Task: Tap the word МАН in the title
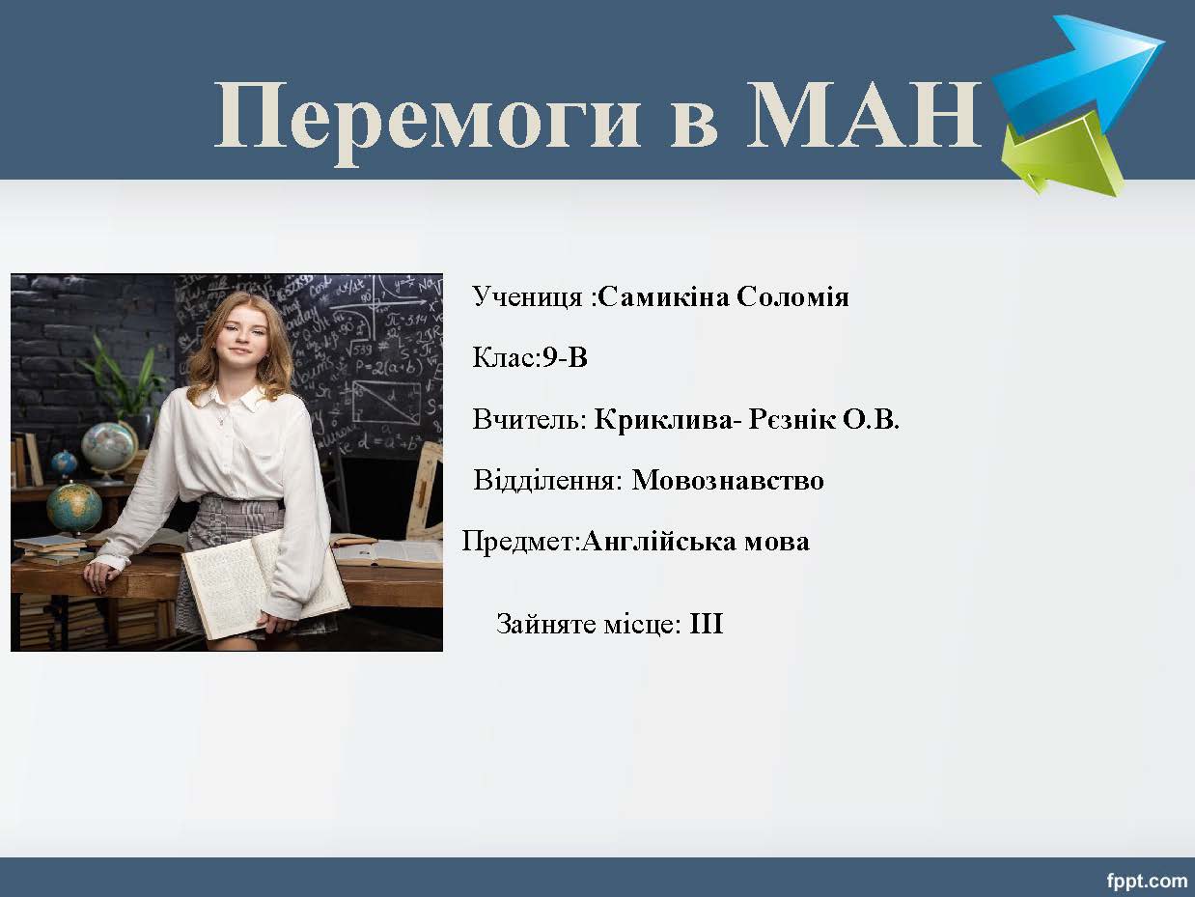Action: [864, 115]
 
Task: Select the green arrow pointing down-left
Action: [1062, 155]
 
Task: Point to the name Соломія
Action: [792, 297]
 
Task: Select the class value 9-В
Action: [565, 358]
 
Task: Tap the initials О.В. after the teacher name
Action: [871, 419]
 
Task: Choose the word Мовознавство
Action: [728, 480]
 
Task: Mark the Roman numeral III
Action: [707, 624]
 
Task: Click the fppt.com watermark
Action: [1147, 881]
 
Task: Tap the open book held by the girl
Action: [265, 584]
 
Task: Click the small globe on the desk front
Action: [74, 508]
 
